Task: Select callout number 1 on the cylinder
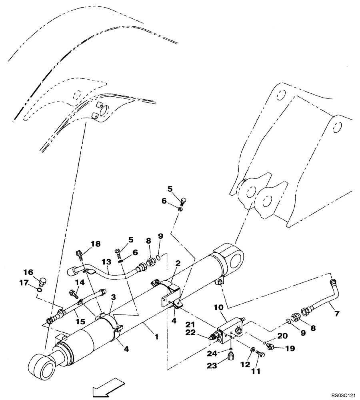pos(156,337)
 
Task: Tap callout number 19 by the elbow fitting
pos(290,348)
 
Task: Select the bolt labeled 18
pos(79,253)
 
